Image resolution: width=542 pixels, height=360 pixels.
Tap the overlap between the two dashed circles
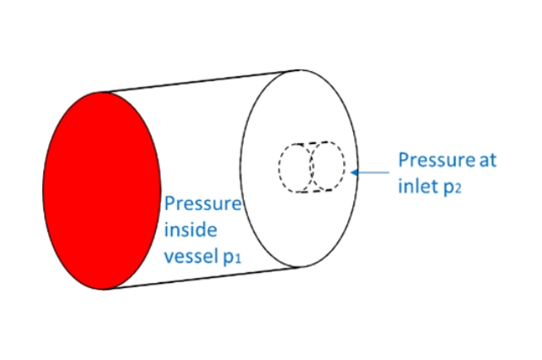tap(312, 167)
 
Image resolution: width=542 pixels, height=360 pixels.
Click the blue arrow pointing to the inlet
tap(373, 172)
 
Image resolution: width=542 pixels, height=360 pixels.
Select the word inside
tap(191, 230)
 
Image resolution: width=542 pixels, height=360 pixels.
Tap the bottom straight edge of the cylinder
tap(203, 276)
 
